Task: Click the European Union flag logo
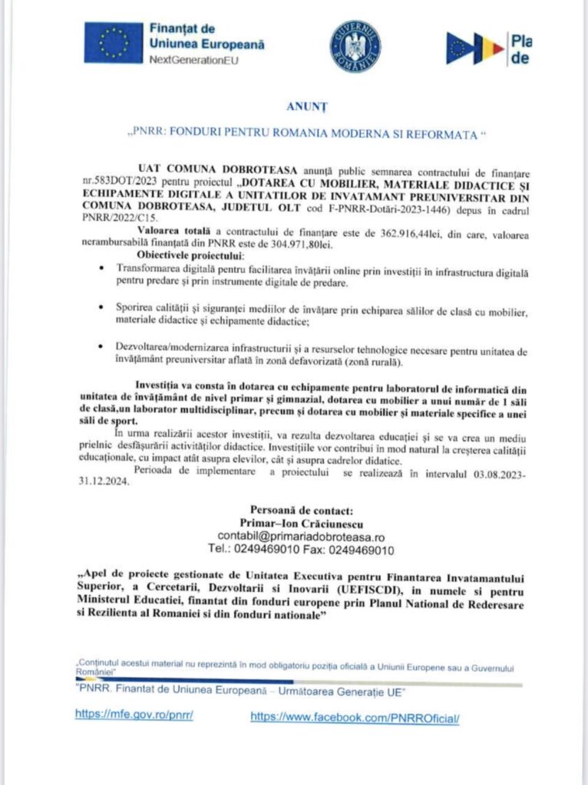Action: point(114,41)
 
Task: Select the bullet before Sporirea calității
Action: point(103,307)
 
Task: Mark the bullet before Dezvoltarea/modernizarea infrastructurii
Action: point(103,347)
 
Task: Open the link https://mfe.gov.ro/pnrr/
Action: point(134,713)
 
